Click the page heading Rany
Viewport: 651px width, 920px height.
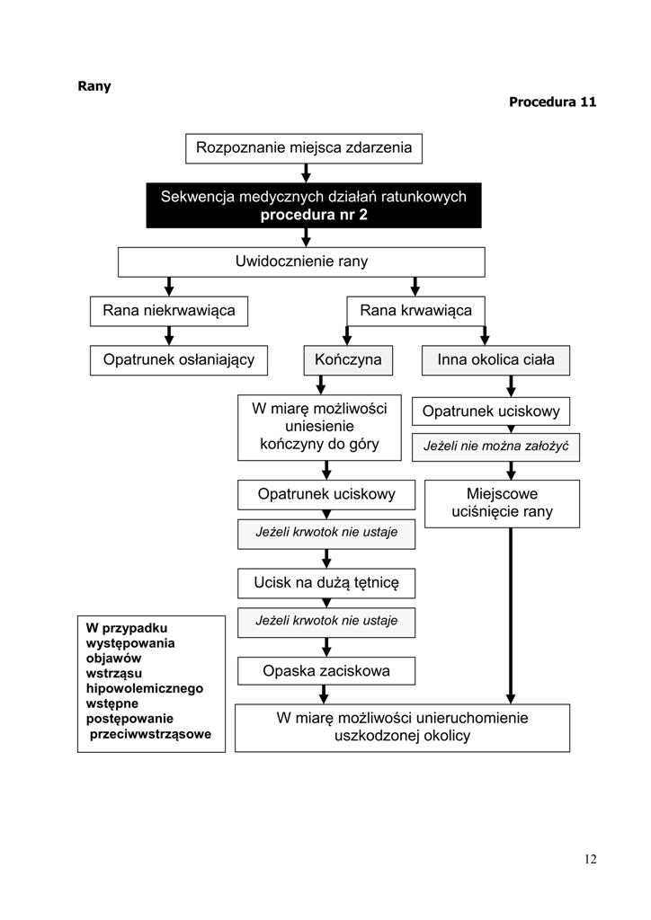tap(94, 86)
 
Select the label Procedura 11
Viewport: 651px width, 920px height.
tap(552, 102)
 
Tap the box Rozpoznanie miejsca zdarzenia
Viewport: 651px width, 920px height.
tap(304, 148)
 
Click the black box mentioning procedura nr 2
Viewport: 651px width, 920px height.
tap(314, 206)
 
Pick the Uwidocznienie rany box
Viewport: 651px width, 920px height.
tap(301, 261)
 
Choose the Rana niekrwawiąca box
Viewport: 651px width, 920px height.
tap(169, 311)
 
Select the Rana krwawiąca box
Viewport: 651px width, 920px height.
tap(415, 311)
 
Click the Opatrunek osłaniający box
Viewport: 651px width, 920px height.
tap(178, 360)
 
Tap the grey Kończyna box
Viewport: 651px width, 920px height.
tap(348, 360)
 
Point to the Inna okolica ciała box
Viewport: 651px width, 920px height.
tap(495, 360)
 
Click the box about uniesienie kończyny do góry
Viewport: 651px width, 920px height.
tap(319, 427)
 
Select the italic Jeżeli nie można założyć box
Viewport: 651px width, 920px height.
tap(495, 447)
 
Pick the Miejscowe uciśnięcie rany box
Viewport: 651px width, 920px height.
tap(502, 504)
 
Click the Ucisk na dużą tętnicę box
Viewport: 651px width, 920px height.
tap(326, 583)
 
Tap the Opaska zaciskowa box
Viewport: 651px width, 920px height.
tap(326, 671)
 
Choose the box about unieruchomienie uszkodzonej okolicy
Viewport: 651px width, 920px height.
tap(402, 728)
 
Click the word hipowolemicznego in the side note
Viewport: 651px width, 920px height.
tap(145, 689)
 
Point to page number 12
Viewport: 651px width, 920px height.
tap(591, 860)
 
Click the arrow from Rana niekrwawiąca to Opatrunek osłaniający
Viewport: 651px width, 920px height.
tap(169, 336)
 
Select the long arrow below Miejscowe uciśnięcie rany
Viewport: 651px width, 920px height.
tap(511, 616)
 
